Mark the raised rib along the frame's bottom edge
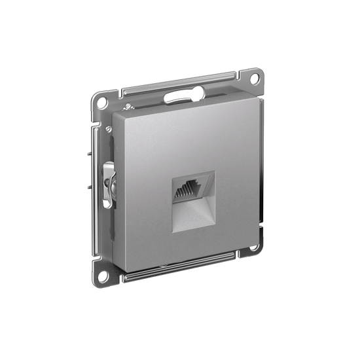[x=177, y=265]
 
